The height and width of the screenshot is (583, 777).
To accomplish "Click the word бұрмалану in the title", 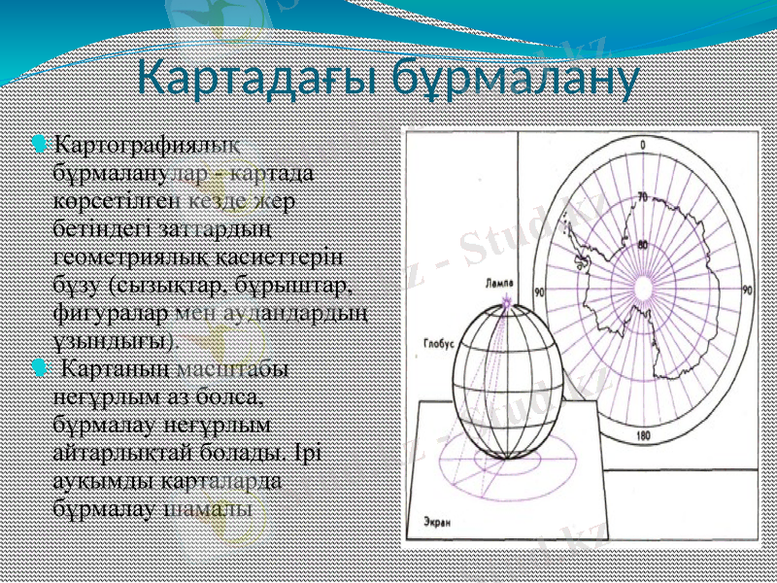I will [x=515, y=79].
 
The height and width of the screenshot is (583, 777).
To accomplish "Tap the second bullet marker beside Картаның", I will [x=38, y=368].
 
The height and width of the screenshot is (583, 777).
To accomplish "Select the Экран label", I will [x=438, y=523].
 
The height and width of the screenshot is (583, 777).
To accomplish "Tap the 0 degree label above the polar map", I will [x=642, y=146].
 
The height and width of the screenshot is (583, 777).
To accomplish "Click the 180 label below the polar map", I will [x=642, y=436].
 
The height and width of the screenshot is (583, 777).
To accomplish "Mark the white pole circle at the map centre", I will [x=643, y=290].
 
